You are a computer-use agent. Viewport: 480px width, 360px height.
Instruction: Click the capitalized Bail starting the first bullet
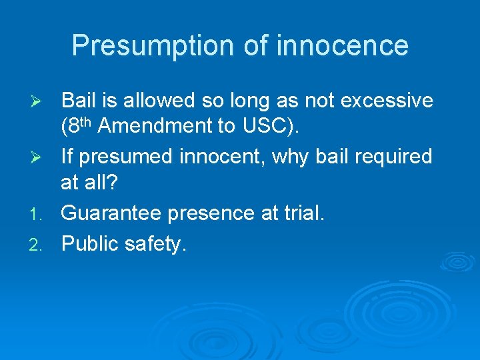click(x=78, y=101)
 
